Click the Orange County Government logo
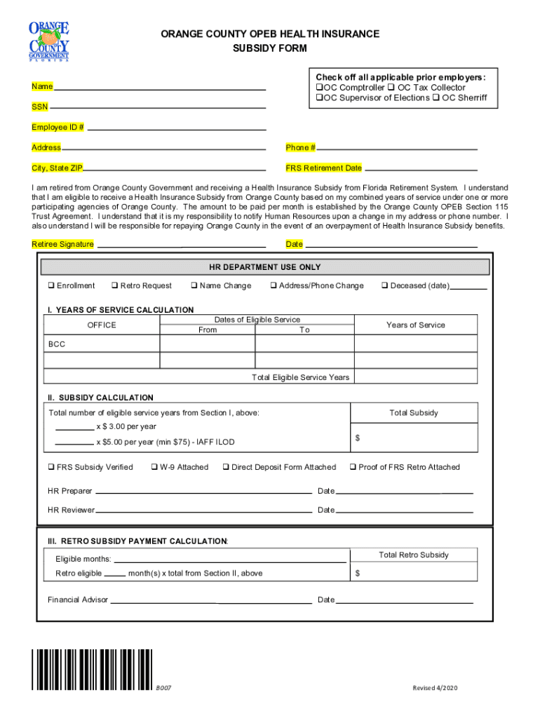coord(49,41)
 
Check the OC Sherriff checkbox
coord(436,98)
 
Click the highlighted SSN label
coord(40,107)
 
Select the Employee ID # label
coord(58,128)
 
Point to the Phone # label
coord(300,148)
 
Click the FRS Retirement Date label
coord(323,168)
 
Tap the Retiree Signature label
coord(62,244)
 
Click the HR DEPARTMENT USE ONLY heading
coord(264,267)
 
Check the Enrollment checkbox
coord(51,286)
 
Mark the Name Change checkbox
coord(194,286)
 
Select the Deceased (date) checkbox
coord(385,286)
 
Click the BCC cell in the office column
coord(57,344)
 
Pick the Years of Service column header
coord(415,325)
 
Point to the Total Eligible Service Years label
coord(300,377)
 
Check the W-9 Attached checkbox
coord(154,467)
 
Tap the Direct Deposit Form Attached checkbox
coord(226,467)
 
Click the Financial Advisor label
coord(78,600)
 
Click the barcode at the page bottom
coord(92,670)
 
